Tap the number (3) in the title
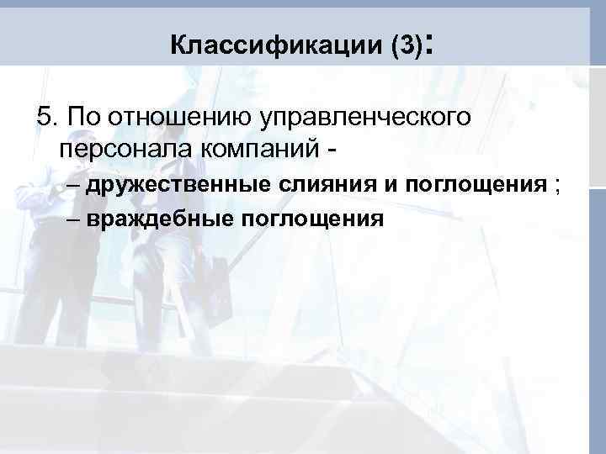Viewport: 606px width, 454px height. pos(405,45)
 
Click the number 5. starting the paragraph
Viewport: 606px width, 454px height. pos(46,116)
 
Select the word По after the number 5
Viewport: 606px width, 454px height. pos(81,116)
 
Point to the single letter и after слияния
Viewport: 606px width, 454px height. pos(391,185)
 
